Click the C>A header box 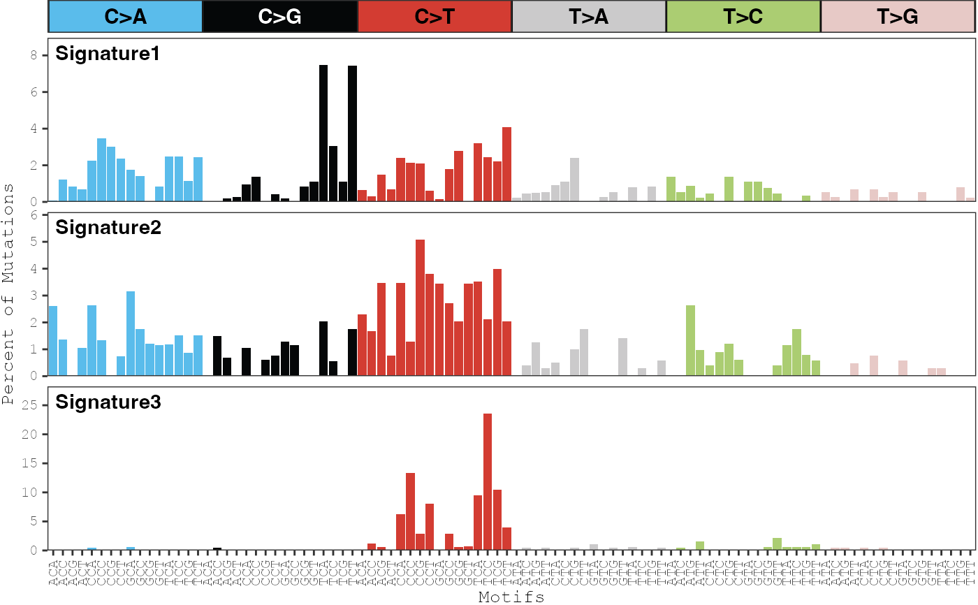(125, 16)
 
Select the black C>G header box (279, 16)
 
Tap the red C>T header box (435, 16)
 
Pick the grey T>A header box (589, 16)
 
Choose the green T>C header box (743, 16)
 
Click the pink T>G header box (898, 16)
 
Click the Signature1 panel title (108, 54)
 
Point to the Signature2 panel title (108, 227)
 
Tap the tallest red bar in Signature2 (420, 307)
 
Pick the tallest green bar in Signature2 (690, 340)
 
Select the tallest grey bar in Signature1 (574, 180)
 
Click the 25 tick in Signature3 (38, 405)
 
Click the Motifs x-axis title (511, 597)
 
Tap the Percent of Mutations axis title (8, 293)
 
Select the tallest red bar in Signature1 (506, 164)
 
